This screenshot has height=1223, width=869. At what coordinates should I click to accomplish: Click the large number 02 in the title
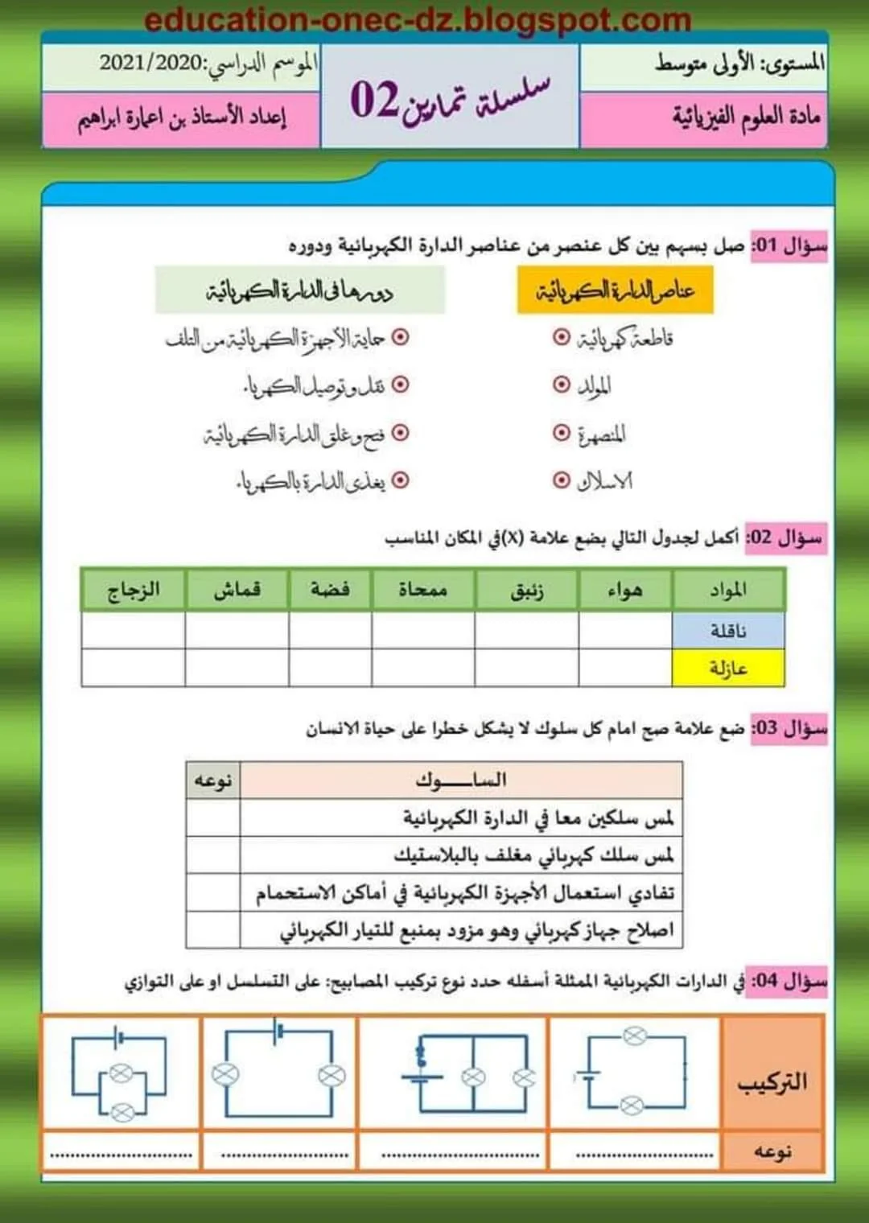pyautogui.click(x=374, y=100)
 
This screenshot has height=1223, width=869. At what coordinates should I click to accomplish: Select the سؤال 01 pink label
pyautogui.click(x=789, y=245)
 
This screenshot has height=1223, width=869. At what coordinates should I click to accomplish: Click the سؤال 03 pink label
pyautogui.click(x=789, y=729)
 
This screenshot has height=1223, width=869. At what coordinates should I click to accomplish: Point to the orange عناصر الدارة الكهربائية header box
pyautogui.click(x=615, y=290)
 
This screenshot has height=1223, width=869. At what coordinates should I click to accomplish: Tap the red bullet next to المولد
pyautogui.click(x=561, y=385)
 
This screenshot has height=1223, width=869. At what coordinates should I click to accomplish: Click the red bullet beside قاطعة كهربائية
pyautogui.click(x=561, y=336)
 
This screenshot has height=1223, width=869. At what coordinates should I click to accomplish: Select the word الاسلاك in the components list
pyautogui.click(x=605, y=481)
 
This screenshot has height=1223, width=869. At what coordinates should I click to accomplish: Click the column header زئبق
pyautogui.click(x=526, y=591)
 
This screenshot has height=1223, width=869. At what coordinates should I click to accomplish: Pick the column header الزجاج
pyautogui.click(x=134, y=591)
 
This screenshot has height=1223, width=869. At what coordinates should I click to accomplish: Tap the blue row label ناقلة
pyautogui.click(x=728, y=631)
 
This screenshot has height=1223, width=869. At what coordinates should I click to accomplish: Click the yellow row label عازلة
pyautogui.click(x=728, y=668)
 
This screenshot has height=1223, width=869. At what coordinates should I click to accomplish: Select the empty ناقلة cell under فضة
pyautogui.click(x=330, y=631)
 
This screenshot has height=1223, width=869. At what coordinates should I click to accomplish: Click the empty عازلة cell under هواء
pyautogui.click(x=625, y=668)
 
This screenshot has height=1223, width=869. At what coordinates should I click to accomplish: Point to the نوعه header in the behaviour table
pyautogui.click(x=212, y=780)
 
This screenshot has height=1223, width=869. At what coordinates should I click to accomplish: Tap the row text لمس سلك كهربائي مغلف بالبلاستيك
pyautogui.click(x=533, y=854)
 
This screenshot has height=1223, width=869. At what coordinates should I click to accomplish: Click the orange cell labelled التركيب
pyautogui.click(x=772, y=1081)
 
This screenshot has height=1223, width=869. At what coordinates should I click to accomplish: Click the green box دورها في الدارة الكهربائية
pyautogui.click(x=299, y=290)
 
